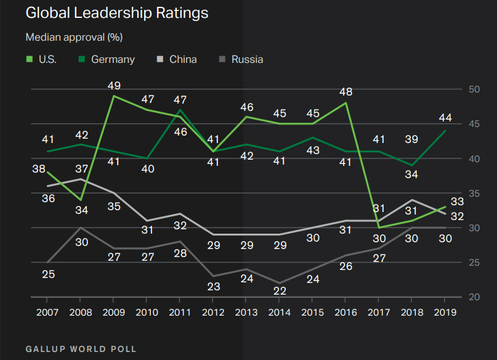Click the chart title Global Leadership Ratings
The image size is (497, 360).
click(116, 14)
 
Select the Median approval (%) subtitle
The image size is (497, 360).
click(74, 38)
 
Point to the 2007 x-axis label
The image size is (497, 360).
click(47, 312)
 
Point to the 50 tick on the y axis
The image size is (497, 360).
click(474, 89)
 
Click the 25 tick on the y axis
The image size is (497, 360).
click(474, 263)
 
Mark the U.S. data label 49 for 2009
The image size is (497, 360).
click(114, 86)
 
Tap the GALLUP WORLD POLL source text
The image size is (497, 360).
click(81, 349)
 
